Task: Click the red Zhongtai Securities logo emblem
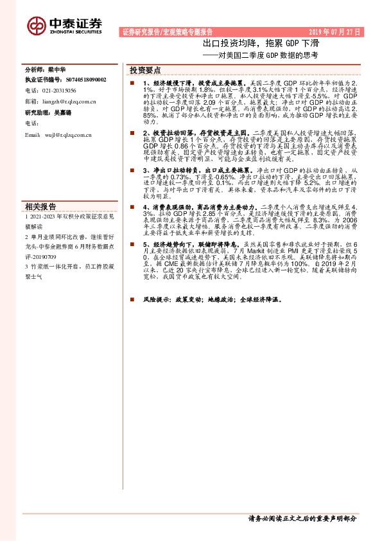[x=36, y=24]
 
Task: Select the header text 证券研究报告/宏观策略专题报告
[x=166, y=31]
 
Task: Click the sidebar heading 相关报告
[x=40, y=206]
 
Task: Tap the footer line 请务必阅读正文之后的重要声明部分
[x=302, y=518]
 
